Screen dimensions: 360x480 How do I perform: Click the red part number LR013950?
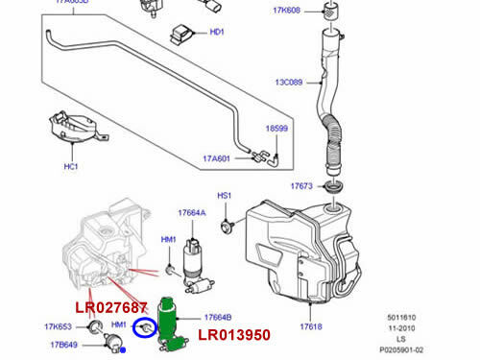click(x=234, y=335)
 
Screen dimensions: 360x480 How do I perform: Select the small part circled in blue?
click(x=144, y=328)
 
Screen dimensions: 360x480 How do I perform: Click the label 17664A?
click(x=192, y=214)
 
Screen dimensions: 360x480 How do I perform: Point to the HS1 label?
click(x=224, y=196)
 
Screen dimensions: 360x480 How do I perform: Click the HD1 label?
click(x=216, y=32)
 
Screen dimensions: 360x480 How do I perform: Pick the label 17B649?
click(x=59, y=346)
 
